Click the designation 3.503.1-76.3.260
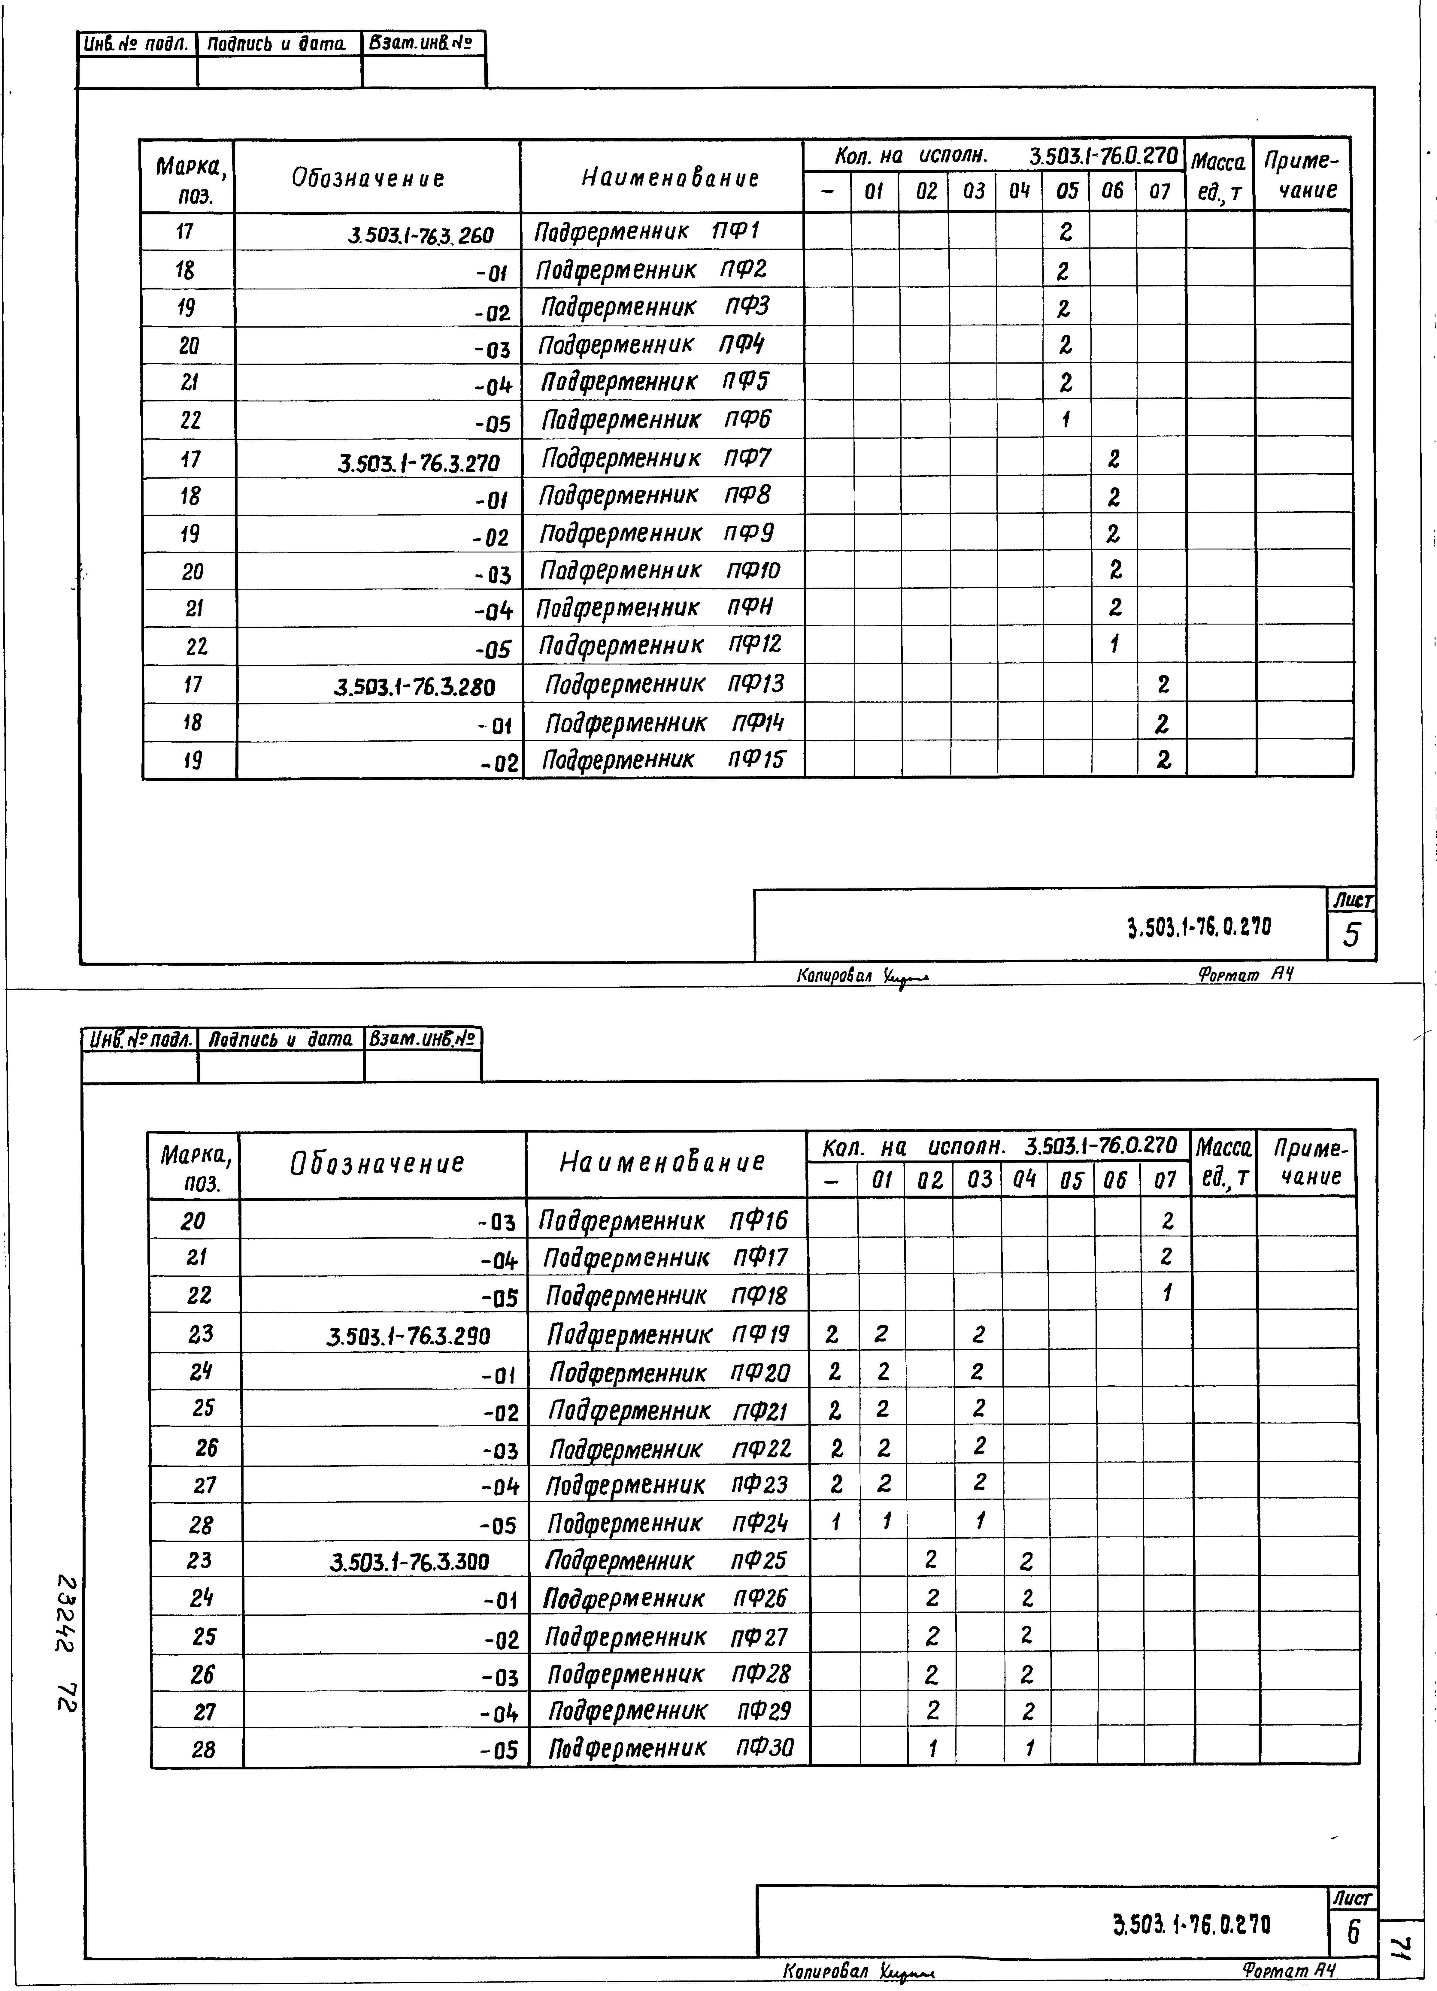(421, 235)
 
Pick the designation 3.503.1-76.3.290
(408, 1336)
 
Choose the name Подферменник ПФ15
(663, 759)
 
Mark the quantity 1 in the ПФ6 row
(1065, 420)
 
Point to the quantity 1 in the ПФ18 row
(1167, 1292)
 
